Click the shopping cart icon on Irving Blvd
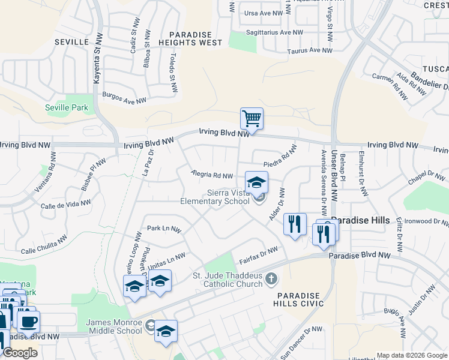pyautogui.click(x=252, y=118)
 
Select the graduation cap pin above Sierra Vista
pyautogui.click(x=256, y=182)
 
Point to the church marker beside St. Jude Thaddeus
pyautogui.click(x=272, y=278)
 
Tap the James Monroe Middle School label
pyautogui.click(x=115, y=326)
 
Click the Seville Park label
pyautogui.click(x=67, y=108)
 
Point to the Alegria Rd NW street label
pyautogui.click(x=211, y=175)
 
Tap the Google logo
pyautogui.click(x=20, y=353)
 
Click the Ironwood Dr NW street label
pyautogui.click(x=426, y=221)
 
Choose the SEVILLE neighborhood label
pyautogui.click(x=71, y=41)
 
